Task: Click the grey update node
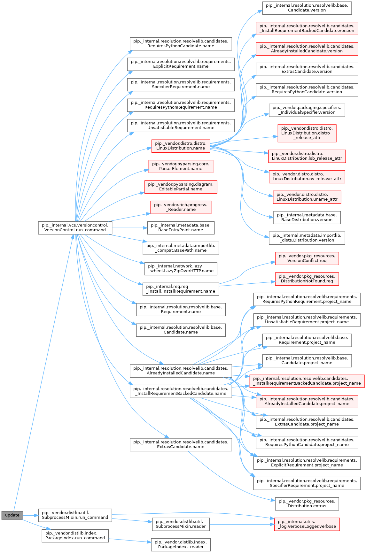point(12,515)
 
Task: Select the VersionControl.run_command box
point(75,227)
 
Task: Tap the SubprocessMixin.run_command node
point(75,515)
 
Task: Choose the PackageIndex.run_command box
point(75,535)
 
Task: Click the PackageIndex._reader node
point(181,544)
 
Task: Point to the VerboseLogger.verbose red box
point(307,524)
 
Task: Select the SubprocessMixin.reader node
point(181,524)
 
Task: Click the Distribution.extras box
point(307,503)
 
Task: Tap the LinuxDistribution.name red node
point(181,146)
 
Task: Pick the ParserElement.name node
point(181,166)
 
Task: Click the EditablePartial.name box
point(181,187)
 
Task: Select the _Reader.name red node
point(181,207)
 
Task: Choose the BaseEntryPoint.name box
point(181,227)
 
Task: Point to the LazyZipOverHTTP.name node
point(181,268)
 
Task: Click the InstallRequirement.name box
point(181,289)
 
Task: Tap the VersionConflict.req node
point(307,258)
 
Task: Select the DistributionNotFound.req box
point(307,279)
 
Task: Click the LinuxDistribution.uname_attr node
point(307,197)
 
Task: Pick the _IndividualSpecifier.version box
point(307,110)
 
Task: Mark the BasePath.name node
point(181,248)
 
